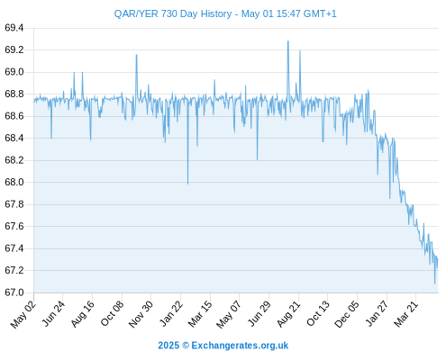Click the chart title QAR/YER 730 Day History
tap(173, 13)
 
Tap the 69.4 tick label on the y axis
tap(14, 28)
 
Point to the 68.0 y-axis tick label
tap(14, 183)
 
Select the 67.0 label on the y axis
tap(14, 292)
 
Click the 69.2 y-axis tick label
tap(14, 50)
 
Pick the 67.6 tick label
tap(14, 227)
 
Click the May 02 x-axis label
tap(23, 315)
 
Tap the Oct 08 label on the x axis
tap(112, 314)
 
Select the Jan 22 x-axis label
tap(171, 314)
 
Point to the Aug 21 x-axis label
tap(288, 314)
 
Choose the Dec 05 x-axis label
tap(346, 315)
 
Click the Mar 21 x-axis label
tap(405, 314)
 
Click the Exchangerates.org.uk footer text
tap(240, 346)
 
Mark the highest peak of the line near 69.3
tap(288, 41)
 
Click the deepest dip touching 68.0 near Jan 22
tap(188, 184)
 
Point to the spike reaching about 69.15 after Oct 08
tap(136, 55)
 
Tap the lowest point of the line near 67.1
tap(434, 283)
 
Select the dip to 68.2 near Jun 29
tap(257, 159)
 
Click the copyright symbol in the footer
tap(186, 346)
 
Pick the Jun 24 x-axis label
tap(53, 314)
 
